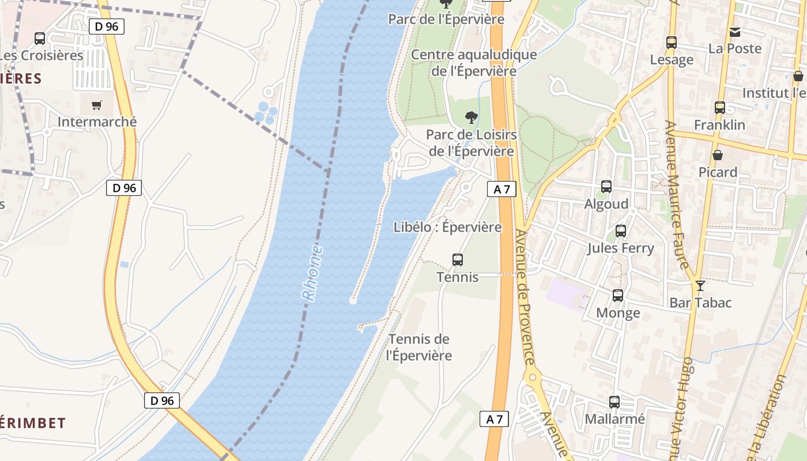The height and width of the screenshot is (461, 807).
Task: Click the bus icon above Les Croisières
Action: point(40,39)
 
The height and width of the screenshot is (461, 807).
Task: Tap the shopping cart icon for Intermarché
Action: point(96,105)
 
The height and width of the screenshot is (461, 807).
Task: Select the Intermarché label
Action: point(97,122)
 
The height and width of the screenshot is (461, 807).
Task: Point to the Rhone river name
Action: point(313,273)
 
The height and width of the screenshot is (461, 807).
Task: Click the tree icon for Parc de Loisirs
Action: point(472,118)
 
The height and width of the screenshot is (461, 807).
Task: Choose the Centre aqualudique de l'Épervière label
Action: point(474,63)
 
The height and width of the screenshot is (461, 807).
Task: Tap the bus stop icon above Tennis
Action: point(458,260)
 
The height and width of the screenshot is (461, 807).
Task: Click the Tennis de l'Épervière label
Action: point(419,347)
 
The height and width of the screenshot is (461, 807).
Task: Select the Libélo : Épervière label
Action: point(447,227)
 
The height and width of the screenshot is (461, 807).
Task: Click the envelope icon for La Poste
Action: point(735,32)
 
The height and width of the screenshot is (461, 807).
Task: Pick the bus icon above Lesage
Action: point(672,43)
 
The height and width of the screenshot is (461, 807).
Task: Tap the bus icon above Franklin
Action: point(720,108)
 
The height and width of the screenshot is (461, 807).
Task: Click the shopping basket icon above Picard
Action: point(718,155)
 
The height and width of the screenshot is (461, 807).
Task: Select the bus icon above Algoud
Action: point(606,187)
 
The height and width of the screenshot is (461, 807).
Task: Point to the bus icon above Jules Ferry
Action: point(621,231)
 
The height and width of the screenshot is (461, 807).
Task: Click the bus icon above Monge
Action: point(618,296)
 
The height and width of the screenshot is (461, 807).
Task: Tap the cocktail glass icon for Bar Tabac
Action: point(700,286)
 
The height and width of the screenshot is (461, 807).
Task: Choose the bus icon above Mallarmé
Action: point(614,402)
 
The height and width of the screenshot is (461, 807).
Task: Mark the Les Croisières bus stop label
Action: point(42,56)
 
